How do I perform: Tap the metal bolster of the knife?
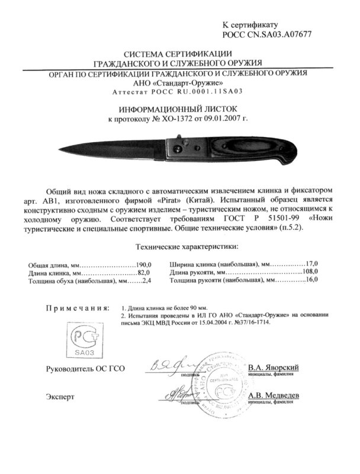[x=175, y=148]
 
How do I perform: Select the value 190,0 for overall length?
[x=144, y=264]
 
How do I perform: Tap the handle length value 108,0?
[x=308, y=271]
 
